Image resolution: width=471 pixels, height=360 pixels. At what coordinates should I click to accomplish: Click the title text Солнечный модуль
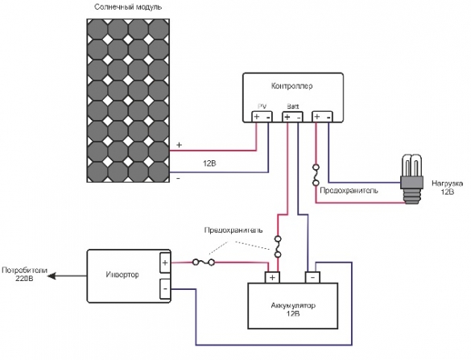[x=128, y=7]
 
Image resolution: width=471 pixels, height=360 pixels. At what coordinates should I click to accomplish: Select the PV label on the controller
[x=261, y=106]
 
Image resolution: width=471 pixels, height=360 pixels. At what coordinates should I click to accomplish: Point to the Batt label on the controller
[x=292, y=106]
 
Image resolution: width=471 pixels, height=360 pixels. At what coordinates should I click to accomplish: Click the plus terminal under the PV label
[x=257, y=117]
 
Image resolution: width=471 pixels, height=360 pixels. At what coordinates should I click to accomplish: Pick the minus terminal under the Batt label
[x=299, y=117]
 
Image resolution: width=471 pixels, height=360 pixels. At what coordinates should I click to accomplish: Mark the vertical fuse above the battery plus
[x=278, y=246]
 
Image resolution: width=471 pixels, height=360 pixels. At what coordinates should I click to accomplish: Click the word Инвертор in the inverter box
[x=123, y=275]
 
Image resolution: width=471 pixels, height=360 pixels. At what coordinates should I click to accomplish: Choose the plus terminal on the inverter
[x=165, y=263]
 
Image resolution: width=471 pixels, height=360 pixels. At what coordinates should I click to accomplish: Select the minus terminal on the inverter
[x=165, y=287]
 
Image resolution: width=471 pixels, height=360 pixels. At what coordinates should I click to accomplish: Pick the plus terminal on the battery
[x=273, y=277]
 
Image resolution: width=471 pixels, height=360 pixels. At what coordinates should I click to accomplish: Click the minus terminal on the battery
[x=312, y=277]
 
